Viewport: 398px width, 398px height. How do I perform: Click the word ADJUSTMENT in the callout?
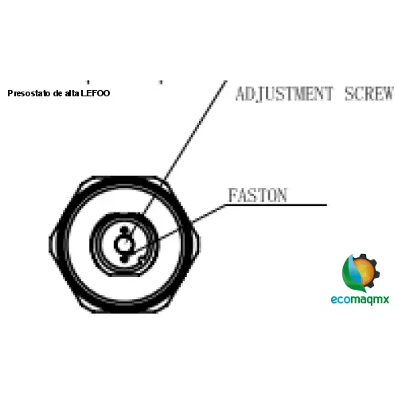pos(284,94)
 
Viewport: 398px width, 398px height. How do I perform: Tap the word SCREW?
pos(369,94)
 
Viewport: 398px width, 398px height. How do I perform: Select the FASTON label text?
pos(258,195)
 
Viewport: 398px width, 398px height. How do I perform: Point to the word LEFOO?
pos(96,93)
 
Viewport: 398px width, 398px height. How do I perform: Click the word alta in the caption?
pos(72,93)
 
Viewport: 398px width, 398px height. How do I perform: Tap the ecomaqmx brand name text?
pos(360,300)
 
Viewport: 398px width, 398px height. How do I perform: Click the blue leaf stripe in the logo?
pos(352,268)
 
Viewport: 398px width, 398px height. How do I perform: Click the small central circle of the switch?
pos(123,244)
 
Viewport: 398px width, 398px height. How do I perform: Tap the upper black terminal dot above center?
pos(124,230)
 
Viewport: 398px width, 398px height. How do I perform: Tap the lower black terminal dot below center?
pos(124,259)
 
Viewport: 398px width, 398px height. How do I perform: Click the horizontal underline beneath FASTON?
pos(276,205)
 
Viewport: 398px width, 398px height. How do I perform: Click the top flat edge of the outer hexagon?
pos(125,178)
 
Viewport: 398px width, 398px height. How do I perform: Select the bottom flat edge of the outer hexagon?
pos(125,311)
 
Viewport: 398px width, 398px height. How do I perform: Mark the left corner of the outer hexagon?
pos(49,244)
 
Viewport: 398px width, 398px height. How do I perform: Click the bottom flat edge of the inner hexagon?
pos(125,275)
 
